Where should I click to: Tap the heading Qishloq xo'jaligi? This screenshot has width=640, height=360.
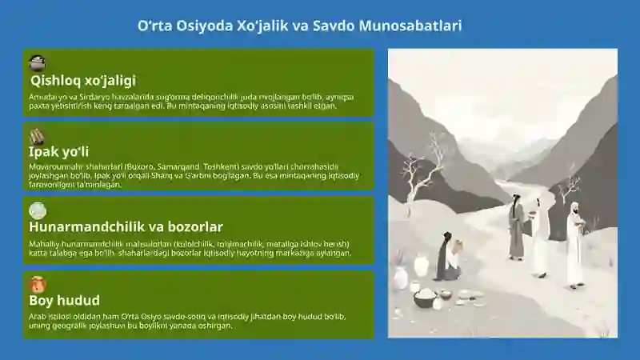[82, 80]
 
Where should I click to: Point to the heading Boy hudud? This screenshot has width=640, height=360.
[64, 301]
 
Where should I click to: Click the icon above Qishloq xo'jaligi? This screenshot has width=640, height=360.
[37, 63]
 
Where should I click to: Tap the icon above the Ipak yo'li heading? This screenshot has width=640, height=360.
[37, 137]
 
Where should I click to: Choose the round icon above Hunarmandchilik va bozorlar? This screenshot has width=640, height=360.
[37, 210]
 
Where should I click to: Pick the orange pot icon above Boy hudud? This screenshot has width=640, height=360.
[37, 284]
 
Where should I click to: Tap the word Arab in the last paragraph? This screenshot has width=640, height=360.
[36, 317]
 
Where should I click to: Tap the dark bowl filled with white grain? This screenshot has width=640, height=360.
[425, 298]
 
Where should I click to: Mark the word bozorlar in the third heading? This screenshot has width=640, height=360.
[194, 227]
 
